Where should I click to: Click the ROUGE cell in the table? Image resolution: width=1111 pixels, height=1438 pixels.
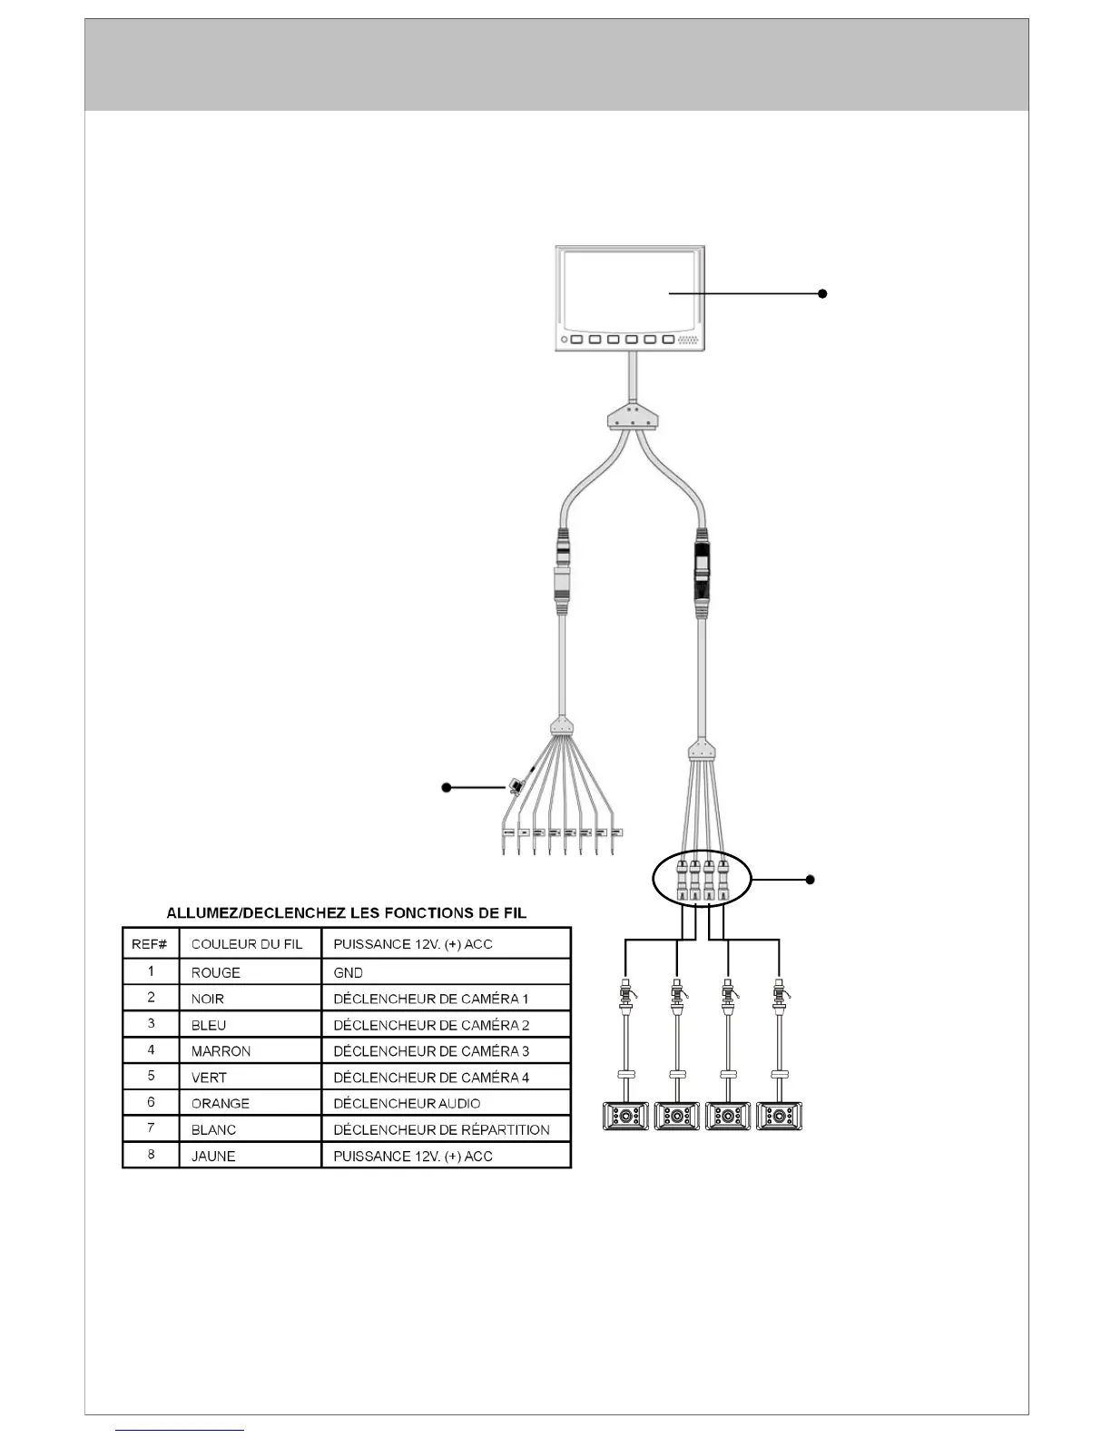pos(216,972)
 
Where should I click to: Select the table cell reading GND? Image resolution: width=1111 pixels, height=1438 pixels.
pos(349,972)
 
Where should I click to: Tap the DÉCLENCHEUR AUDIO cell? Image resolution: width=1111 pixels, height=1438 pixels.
pos(407,1103)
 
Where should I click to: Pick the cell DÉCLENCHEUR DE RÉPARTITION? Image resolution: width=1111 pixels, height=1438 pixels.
pos(441,1129)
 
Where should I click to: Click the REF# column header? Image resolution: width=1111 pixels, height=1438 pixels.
pos(150,944)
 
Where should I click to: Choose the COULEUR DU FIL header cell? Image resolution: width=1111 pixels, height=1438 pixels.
pos(247,944)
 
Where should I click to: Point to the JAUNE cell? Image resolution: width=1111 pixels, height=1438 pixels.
pos(214,1156)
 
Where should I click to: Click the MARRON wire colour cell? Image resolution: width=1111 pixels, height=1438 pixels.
pos(221,1051)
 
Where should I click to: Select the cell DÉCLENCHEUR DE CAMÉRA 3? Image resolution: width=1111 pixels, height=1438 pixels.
pos(431,1051)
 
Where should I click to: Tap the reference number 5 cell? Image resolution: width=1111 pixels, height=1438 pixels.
pos(151,1076)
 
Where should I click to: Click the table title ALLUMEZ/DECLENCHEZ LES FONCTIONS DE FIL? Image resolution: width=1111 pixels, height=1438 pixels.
pos(346,912)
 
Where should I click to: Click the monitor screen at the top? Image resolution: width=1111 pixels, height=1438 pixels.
pos(628,291)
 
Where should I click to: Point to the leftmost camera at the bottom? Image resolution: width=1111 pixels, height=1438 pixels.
pos(625,1116)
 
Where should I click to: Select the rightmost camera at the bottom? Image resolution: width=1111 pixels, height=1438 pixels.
pos(780,1116)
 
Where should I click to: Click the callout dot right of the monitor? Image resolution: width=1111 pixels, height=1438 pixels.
pos(822,293)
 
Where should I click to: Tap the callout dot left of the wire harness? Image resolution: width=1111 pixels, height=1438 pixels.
pos(447,787)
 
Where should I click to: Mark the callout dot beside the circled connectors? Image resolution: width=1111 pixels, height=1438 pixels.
pos(811,879)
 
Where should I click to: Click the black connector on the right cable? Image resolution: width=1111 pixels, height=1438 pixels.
pos(702,570)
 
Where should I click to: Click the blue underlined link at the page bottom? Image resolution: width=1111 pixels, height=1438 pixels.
pos(180,1430)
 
